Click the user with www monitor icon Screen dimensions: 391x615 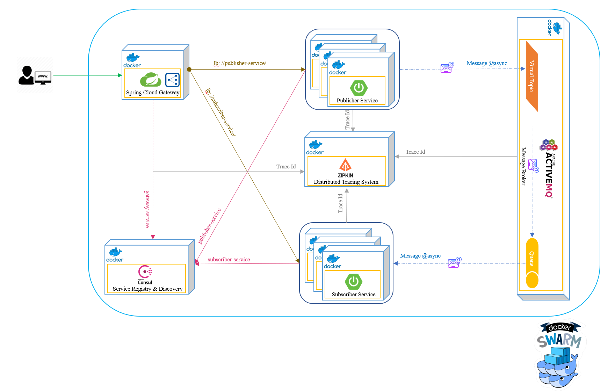[x=35, y=75]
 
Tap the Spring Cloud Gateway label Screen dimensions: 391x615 [x=153, y=93]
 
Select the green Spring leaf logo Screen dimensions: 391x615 [x=151, y=80]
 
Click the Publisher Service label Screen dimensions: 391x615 [x=357, y=101]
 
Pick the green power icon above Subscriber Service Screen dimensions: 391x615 [x=354, y=281]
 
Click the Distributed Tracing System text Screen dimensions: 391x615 [x=346, y=182]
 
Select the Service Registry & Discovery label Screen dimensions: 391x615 [x=147, y=289]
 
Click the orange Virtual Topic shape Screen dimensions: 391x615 [x=532, y=77]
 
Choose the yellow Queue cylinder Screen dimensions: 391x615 [x=532, y=263]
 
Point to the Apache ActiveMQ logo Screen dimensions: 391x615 [x=549, y=168]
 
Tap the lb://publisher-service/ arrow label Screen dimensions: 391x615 [x=240, y=63]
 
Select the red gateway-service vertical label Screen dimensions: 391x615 [x=147, y=209]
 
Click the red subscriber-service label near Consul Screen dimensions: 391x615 [x=229, y=260]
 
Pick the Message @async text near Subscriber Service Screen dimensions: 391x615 [x=420, y=256]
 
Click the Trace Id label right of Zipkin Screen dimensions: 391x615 [x=415, y=152]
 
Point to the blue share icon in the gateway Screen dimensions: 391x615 [x=172, y=80]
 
